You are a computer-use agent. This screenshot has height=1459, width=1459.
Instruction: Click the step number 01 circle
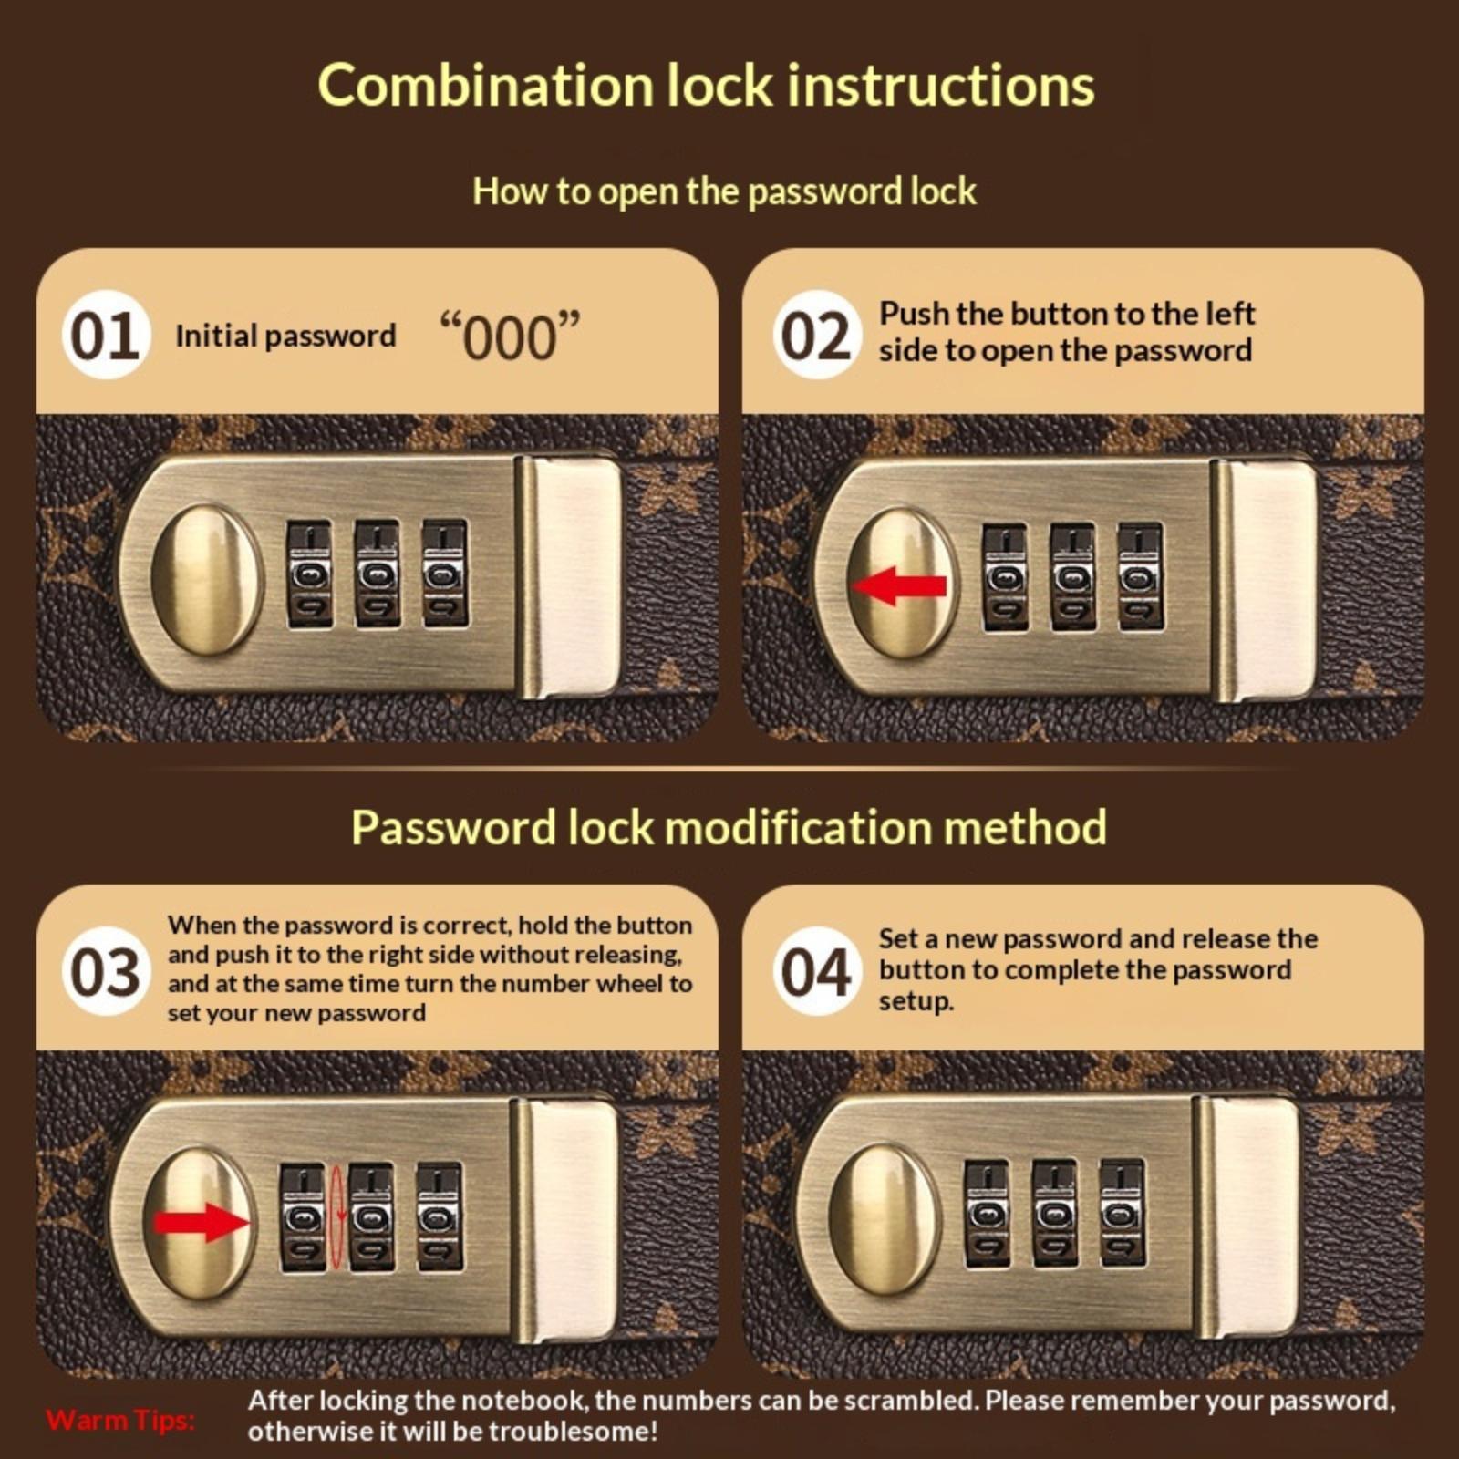click(x=106, y=335)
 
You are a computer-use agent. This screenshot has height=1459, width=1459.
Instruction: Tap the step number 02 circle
click(x=816, y=335)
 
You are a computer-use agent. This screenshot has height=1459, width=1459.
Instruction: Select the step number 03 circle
click(x=106, y=971)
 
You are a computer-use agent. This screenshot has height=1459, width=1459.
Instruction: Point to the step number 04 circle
click(x=816, y=971)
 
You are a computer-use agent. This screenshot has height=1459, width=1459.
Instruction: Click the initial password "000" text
click(x=510, y=336)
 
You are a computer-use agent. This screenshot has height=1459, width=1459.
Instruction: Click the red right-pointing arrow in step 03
click(x=201, y=1222)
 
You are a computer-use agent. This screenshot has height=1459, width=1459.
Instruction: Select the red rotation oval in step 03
click(x=337, y=1216)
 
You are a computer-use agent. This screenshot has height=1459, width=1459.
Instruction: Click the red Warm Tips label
click(x=120, y=1420)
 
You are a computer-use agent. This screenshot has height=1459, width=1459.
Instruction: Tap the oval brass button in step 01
click(x=207, y=580)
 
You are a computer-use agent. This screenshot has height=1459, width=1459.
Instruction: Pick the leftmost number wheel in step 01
click(x=310, y=574)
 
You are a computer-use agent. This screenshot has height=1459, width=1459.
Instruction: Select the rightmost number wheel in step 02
click(x=1140, y=576)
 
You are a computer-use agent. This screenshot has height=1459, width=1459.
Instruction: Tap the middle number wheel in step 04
click(x=1055, y=1214)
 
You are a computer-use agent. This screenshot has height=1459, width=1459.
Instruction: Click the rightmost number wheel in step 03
click(x=440, y=1216)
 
